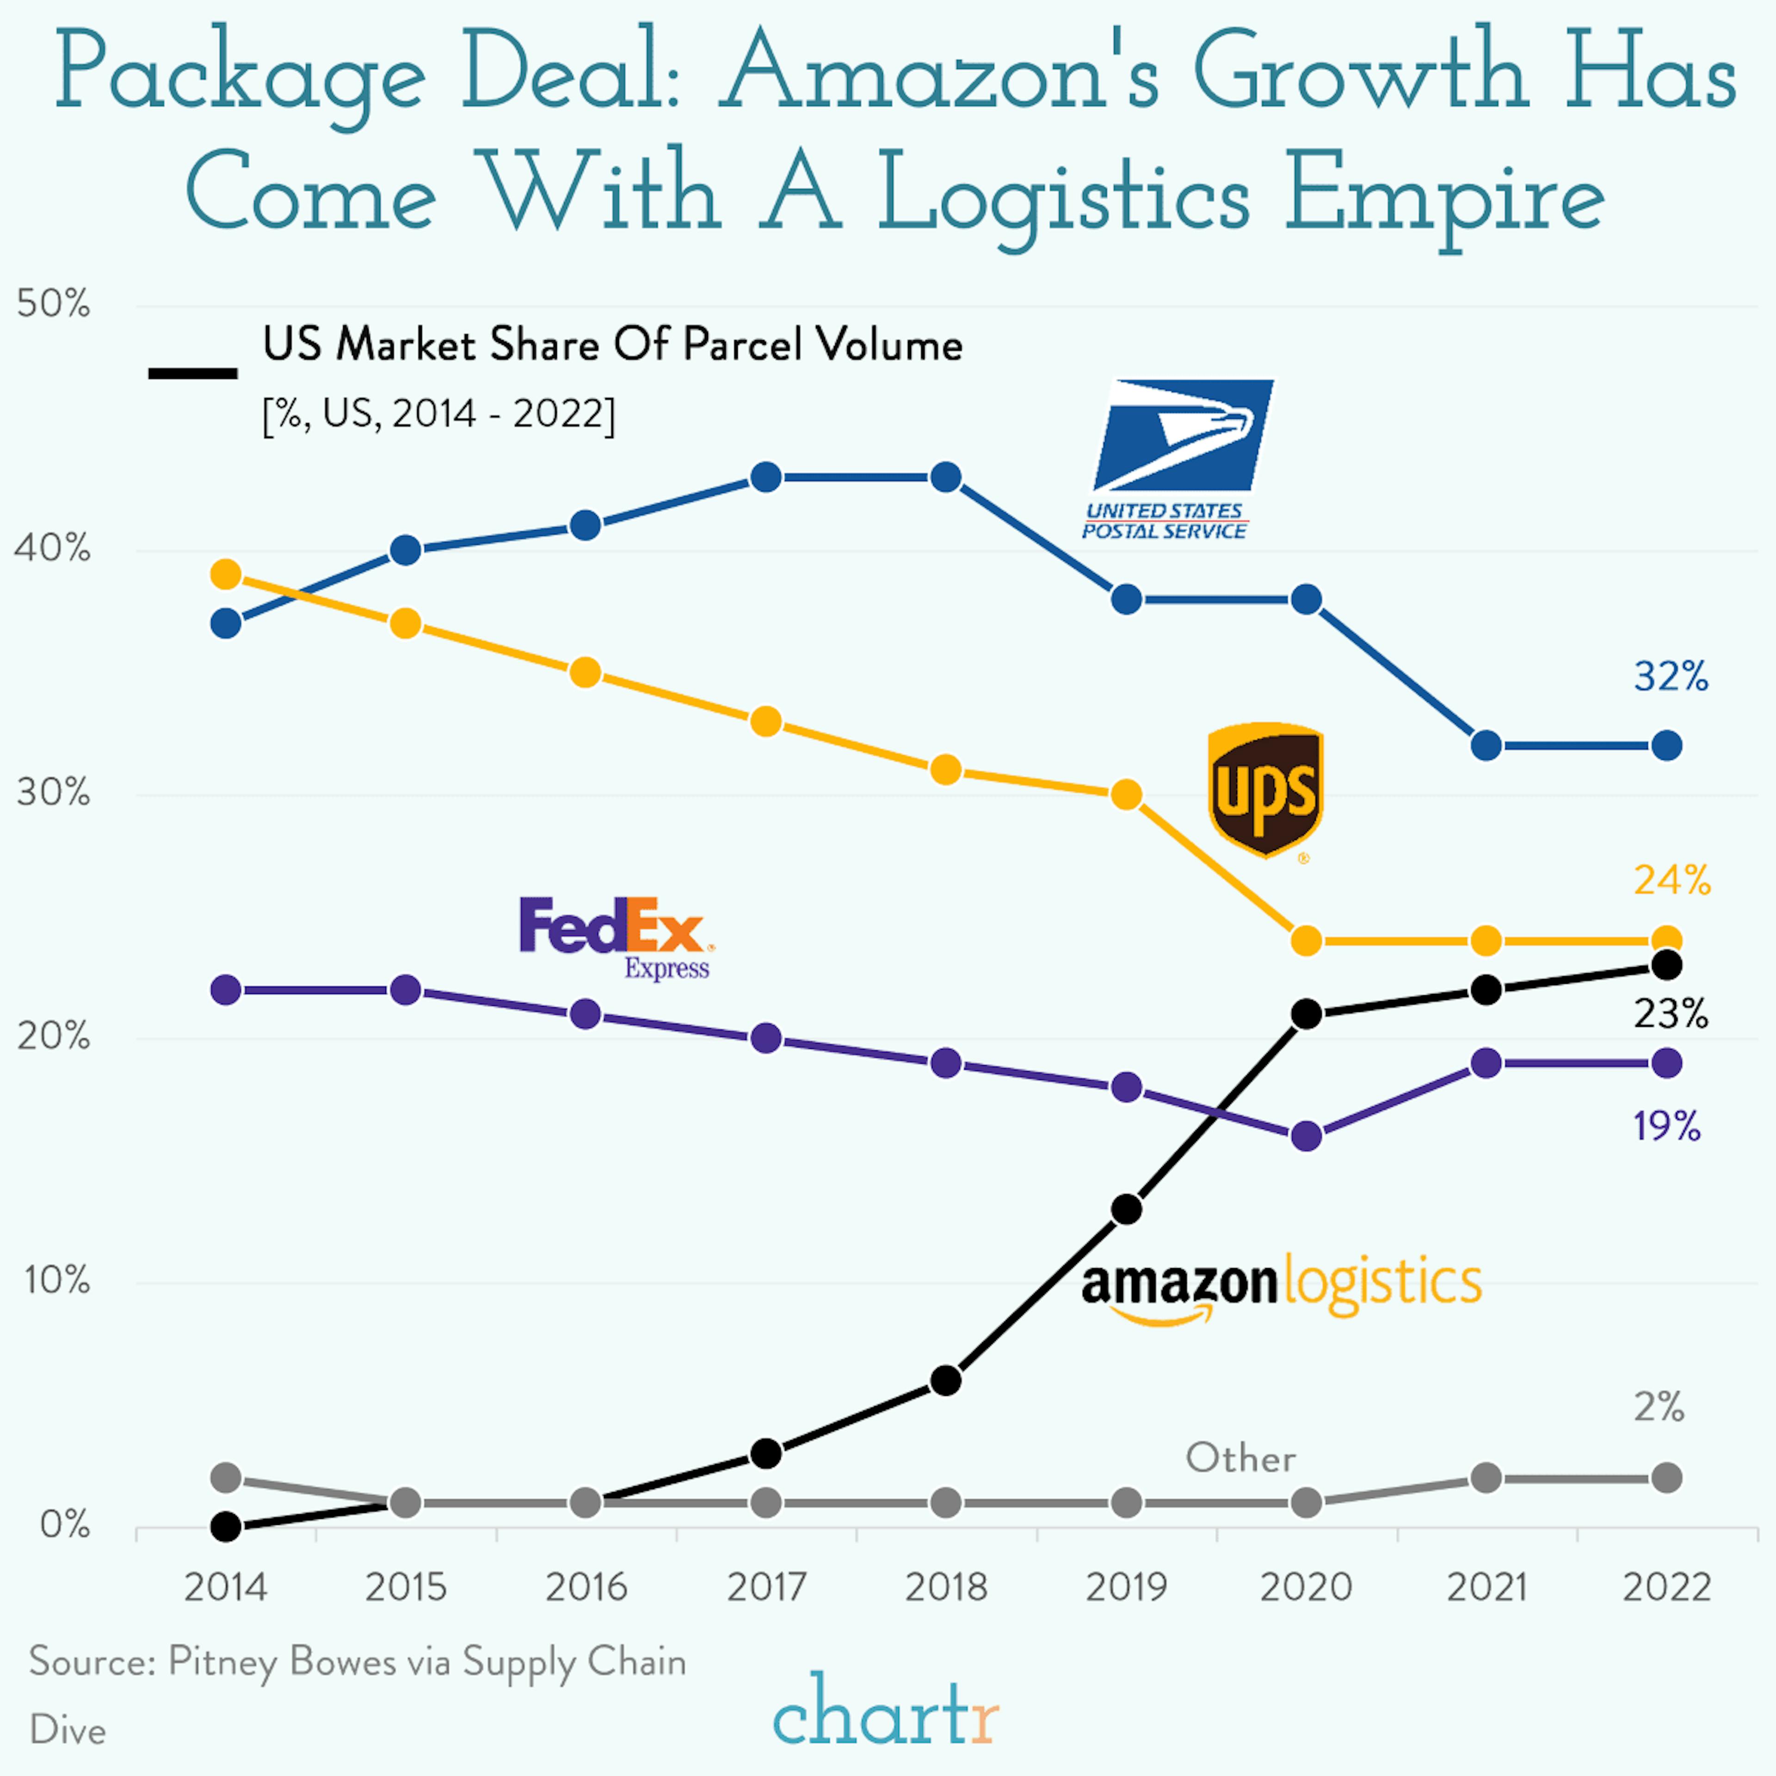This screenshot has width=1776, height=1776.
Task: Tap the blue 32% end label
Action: pos(1670,677)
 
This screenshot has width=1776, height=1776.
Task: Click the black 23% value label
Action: pos(1670,1014)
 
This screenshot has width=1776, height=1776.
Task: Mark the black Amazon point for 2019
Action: pos(1126,1210)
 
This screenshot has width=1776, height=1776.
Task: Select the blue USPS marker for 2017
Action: pos(766,477)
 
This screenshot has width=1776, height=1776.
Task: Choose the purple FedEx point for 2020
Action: pos(1306,1136)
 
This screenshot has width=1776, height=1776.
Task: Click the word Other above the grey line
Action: pos(1240,1458)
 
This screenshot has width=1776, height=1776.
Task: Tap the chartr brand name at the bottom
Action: pos(885,1712)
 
